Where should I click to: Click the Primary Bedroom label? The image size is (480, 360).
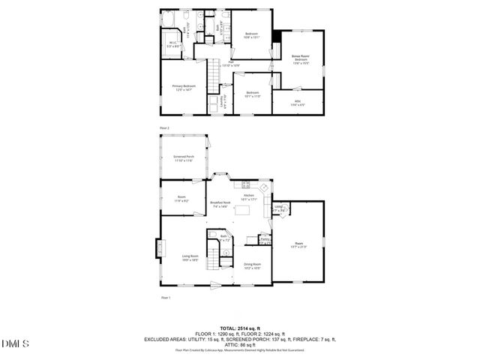(184, 87)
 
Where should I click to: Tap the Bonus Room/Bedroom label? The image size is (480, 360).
(300, 58)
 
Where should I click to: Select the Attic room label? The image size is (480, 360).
(298, 102)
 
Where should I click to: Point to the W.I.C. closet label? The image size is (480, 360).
(172, 43)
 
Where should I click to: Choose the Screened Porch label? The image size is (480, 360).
(184, 158)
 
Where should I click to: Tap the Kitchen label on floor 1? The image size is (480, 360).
(249, 197)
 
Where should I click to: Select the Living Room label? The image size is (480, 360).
(189, 258)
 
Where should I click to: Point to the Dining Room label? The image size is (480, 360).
(252, 265)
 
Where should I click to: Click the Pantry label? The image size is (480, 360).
(265, 239)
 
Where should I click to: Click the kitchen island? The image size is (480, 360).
(242, 209)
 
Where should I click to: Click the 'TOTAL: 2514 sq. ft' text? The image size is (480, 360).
(240, 328)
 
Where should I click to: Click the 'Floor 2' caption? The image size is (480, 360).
(164, 128)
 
